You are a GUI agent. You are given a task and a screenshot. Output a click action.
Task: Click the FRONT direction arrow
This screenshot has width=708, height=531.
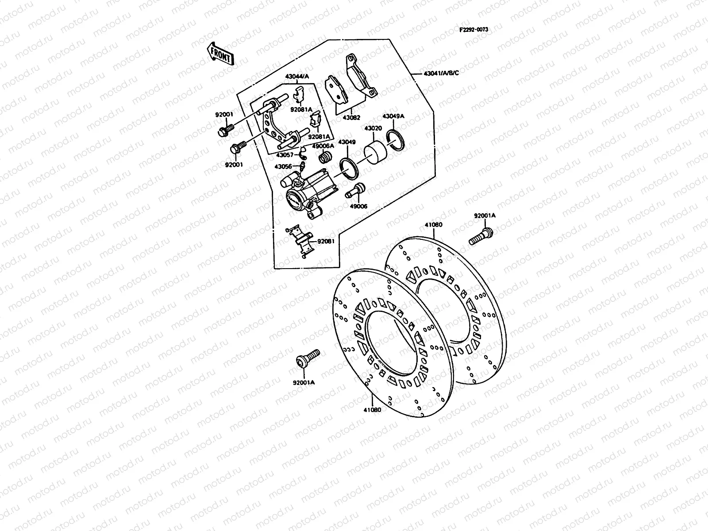click(x=220, y=54)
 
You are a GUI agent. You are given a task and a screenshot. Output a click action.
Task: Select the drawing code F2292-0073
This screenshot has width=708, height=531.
click(x=473, y=30)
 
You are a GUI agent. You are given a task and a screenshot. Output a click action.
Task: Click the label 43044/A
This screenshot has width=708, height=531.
click(x=296, y=77)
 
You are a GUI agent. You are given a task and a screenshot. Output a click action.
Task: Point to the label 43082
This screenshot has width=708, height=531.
click(x=352, y=118)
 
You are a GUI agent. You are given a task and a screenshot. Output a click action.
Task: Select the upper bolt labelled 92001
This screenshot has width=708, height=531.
click(x=224, y=131)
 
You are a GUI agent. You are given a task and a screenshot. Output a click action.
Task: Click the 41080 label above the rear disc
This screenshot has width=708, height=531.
click(x=433, y=224)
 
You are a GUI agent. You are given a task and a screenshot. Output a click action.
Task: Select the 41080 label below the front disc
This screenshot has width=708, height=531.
click(x=372, y=409)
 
